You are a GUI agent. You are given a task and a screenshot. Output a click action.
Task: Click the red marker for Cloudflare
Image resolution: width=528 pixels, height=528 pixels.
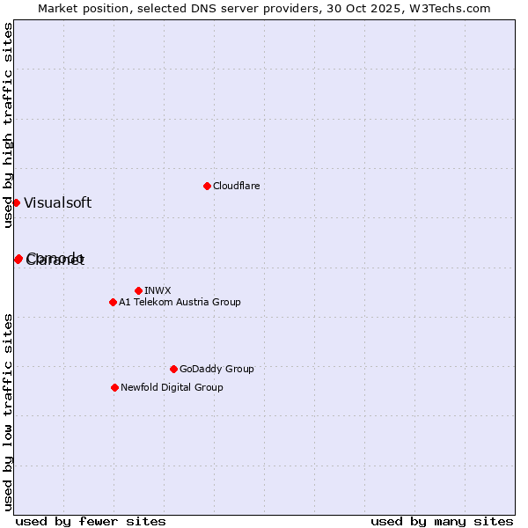(x=207, y=186)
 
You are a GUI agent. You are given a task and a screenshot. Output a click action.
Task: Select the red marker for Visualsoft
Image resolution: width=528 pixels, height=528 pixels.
(x=16, y=202)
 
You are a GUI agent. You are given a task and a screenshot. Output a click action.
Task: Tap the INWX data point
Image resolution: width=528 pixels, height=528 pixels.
(x=138, y=290)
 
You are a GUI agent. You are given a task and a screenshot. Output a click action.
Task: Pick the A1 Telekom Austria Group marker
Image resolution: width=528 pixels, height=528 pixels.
(x=113, y=302)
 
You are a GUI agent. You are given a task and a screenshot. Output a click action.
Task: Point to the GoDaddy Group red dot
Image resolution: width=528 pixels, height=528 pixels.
(x=173, y=369)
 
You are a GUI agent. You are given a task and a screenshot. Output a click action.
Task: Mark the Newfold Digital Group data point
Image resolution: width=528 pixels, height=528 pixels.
(x=114, y=387)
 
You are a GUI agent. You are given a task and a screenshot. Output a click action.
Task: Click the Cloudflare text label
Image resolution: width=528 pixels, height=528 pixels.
(x=236, y=186)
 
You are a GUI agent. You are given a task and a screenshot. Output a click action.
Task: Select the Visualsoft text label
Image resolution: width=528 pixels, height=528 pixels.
(x=57, y=202)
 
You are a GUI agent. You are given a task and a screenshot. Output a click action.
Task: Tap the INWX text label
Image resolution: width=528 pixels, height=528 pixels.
(x=158, y=290)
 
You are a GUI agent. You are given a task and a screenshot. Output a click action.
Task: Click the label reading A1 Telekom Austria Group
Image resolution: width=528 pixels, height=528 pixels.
(x=180, y=302)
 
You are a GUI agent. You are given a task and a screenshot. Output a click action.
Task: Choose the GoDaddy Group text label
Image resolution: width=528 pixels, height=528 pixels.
(x=216, y=369)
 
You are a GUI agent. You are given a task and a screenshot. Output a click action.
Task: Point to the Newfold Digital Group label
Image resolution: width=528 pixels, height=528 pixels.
(x=172, y=387)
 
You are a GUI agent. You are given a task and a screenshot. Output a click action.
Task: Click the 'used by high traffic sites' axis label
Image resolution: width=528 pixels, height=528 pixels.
(x=9, y=125)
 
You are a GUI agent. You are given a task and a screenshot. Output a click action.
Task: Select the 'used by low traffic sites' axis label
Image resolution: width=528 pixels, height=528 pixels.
(x=9, y=411)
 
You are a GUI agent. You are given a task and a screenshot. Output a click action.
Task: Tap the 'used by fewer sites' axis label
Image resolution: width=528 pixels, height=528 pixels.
(x=91, y=521)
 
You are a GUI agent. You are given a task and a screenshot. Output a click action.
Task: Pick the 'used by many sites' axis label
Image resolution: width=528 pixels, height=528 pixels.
(x=442, y=521)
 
